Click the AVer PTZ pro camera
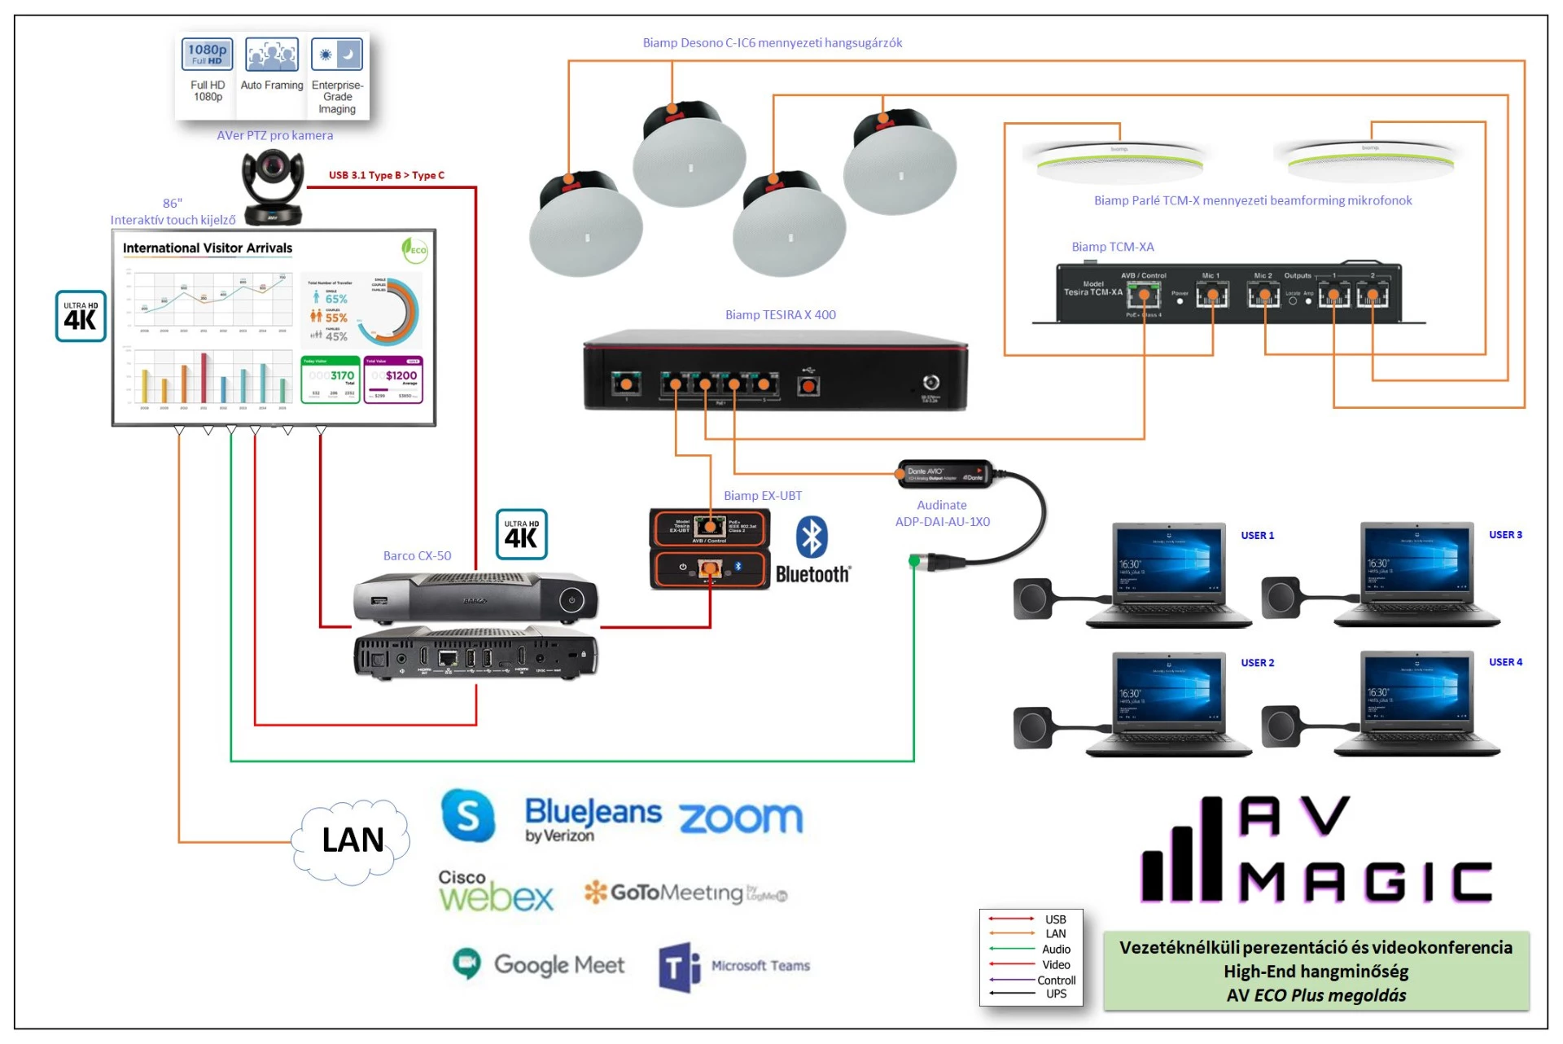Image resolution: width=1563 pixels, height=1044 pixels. (274, 186)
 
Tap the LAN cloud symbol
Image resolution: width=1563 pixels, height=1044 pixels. (352, 840)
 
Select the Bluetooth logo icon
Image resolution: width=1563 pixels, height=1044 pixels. (811, 537)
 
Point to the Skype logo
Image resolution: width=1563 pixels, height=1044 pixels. (468, 814)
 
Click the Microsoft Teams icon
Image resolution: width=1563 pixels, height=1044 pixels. (679, 967)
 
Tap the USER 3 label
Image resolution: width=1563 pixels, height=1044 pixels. (1505, 535)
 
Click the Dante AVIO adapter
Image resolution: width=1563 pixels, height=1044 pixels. (944, 474)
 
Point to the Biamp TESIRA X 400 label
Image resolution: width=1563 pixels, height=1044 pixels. (780, 315)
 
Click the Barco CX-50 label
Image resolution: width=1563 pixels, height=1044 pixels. (417, 556)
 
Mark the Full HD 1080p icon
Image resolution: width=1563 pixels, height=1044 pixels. (208, 55)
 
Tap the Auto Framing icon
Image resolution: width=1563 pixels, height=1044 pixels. (272, 55)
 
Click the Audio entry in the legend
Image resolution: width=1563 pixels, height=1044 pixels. (1056, 950)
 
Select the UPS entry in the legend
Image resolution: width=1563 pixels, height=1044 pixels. (1056, 994)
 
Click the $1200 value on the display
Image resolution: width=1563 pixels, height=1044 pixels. (401, 375)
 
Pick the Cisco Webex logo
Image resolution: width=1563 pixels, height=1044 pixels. (495, 891)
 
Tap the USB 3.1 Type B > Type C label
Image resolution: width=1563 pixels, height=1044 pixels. (387, 175)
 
